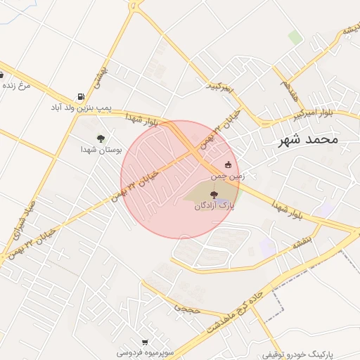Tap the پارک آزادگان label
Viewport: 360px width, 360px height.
click(216, 207)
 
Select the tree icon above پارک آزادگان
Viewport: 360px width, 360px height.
click(215, 194)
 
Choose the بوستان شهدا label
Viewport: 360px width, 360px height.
click(101, 150)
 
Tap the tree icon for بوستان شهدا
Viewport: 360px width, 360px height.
click(101, 138)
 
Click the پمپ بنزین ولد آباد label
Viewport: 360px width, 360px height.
click(79, 108)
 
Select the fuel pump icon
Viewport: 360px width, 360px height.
click(82, 96)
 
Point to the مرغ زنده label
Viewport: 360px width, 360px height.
click(18, 85)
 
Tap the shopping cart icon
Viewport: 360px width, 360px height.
click(145, 342)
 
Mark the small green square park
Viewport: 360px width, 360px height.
click(295, 37)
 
